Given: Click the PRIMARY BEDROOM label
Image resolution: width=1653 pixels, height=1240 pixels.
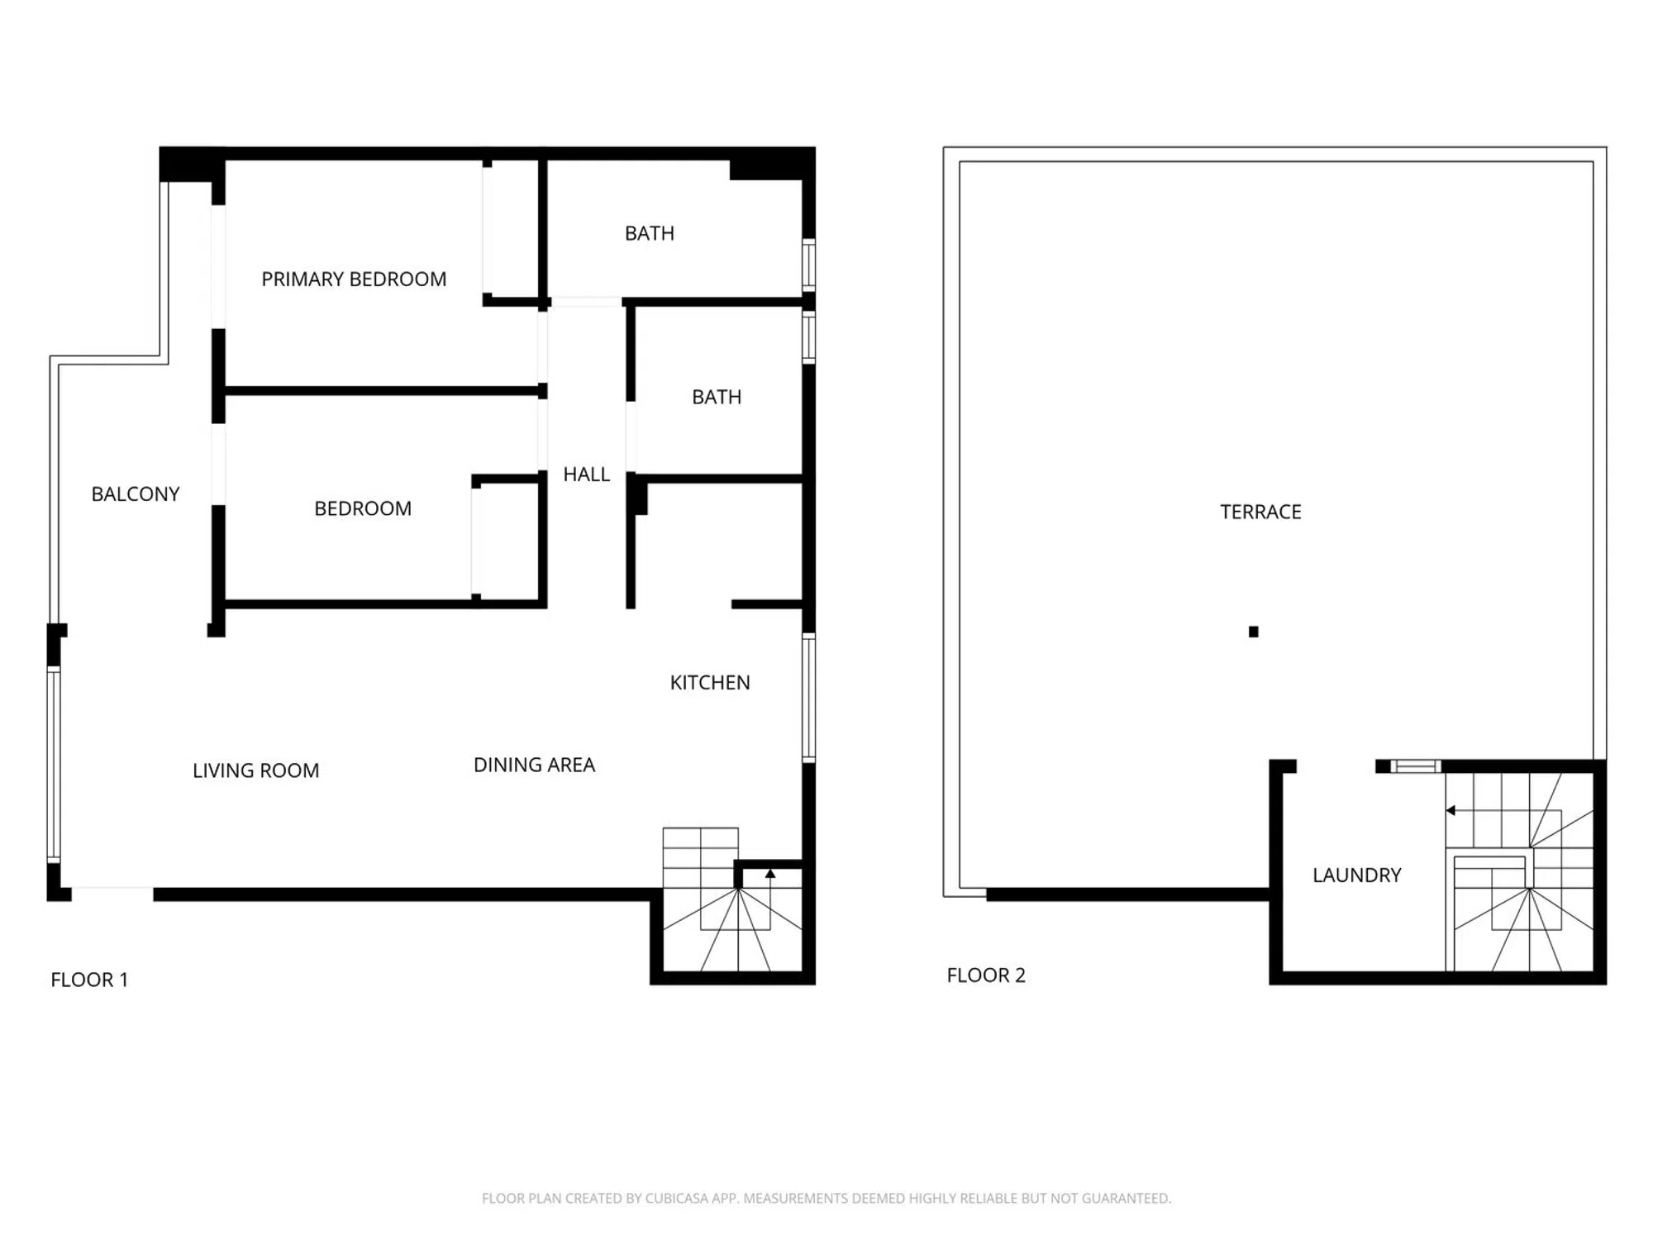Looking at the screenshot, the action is click(354, 279).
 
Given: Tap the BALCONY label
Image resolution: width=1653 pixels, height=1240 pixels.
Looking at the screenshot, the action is click(136, 494).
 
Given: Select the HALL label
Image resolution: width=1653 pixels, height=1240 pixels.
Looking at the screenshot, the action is click(587, 475).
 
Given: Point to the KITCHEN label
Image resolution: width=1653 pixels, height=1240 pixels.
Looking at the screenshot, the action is click(710, 683).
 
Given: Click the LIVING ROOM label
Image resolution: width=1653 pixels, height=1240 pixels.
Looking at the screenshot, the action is click(256, 770).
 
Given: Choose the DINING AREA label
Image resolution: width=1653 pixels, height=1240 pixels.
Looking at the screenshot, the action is click(534, 765).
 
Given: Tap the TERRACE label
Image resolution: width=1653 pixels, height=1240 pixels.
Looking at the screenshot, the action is click(1260, 512).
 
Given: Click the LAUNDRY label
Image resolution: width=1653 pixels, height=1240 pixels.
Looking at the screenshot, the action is click(1357, 875).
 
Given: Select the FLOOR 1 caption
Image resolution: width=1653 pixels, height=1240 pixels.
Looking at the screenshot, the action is click(89, 980).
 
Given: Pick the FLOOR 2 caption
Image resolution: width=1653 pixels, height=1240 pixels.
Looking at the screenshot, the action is click(986, 975).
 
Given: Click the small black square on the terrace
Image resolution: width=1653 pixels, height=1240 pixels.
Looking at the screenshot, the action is click(1254, 632).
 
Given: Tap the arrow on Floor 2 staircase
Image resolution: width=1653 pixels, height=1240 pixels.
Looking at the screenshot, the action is click(1451, 811).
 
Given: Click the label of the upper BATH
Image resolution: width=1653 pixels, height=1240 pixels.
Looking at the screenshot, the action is click(650, 234).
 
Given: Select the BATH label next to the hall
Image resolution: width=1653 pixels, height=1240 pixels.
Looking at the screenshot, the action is click(717, 397).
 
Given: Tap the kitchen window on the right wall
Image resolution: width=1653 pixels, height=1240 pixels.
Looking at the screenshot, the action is click(809, 697).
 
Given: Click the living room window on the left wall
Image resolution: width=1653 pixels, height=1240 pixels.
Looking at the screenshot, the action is click(54, 765).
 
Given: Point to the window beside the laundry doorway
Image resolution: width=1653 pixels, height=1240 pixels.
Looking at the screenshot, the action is click(1416, 766).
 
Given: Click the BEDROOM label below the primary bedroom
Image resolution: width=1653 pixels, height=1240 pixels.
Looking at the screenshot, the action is click(363, 508).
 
